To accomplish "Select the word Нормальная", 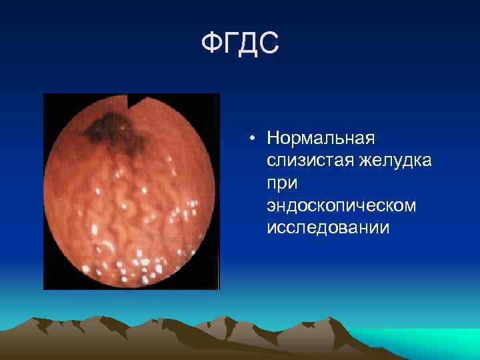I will (321, 139).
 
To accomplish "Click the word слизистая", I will (303, 161).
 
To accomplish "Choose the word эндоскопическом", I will (341, 205).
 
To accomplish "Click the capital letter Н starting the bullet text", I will (272, 139).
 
